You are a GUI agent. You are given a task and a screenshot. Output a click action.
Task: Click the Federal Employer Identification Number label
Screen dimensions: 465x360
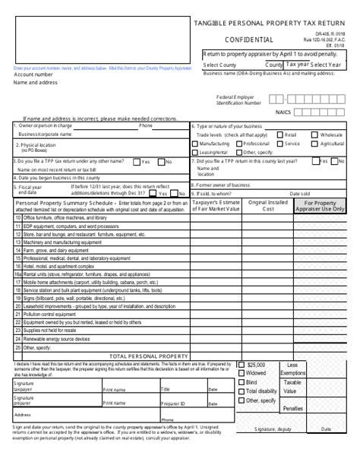click(239, 99)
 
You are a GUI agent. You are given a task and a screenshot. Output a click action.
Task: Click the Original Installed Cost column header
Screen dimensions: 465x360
click(267, 205)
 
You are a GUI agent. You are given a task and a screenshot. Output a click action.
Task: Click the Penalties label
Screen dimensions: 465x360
click(293, 408)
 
